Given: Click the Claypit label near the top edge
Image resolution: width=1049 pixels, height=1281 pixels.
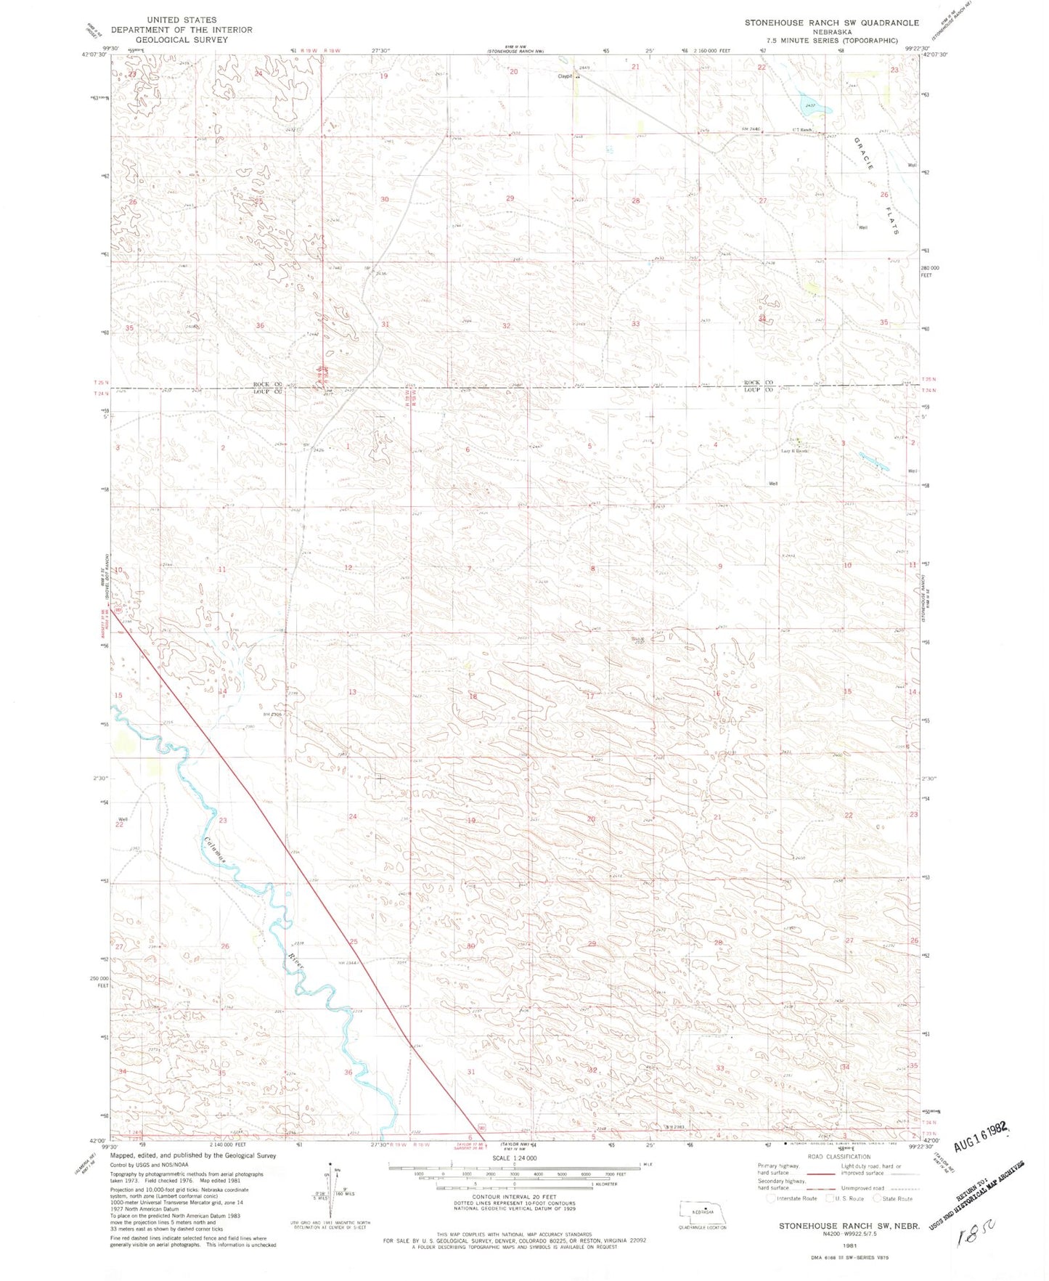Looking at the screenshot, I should tap(565, 76).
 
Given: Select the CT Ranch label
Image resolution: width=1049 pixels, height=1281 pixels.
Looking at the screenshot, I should tap(801, 131).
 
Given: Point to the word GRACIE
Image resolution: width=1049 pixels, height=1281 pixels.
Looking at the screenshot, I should tap(865, 153).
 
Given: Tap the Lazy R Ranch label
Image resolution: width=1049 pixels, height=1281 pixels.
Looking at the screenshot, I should tap(794, 451).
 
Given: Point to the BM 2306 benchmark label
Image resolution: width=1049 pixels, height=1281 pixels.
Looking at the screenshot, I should tap(272, 715).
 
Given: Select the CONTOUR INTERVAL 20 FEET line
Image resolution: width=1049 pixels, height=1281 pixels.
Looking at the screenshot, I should tap(514, 1197).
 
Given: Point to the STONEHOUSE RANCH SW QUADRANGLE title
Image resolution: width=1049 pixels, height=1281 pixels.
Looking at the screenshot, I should tap(831, 23).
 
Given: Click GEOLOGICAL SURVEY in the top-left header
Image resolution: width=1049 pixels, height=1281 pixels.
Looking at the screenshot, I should tap(181, 40).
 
